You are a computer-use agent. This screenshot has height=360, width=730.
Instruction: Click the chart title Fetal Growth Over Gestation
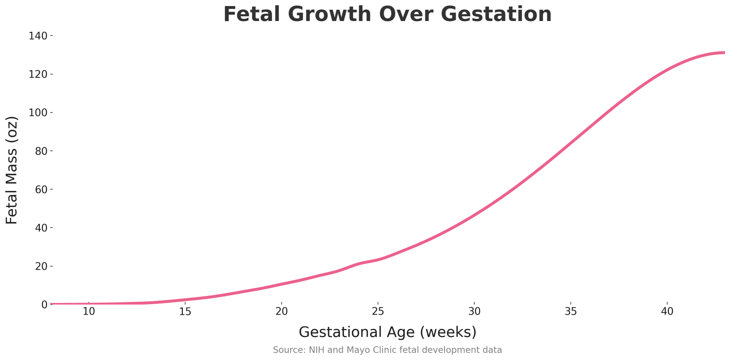[387, 15]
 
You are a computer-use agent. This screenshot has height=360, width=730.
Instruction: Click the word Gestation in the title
[496, 15]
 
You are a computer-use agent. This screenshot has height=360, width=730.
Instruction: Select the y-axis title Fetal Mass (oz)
[12, 170]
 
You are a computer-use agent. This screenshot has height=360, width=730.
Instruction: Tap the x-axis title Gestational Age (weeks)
[387, 332]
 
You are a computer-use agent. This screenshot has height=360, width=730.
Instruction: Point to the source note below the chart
[387, 350]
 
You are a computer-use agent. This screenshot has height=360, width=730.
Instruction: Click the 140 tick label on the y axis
[38, 36]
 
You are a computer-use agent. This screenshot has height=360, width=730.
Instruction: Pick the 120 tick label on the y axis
[38, 74]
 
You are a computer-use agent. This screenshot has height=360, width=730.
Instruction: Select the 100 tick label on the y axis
[38, 113]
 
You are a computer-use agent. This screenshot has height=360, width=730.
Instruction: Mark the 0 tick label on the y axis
[44, 304]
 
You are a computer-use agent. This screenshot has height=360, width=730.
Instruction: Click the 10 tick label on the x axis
[89, 312]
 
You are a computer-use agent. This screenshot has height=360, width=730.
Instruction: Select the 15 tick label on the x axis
[185, 312]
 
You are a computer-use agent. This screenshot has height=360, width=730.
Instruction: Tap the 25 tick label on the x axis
[378, 312]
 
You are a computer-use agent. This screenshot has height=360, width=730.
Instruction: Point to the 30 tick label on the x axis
[474, 312]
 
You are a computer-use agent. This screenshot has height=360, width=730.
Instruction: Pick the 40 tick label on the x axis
[667, 312]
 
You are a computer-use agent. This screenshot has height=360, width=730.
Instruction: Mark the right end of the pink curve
[724, 53]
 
